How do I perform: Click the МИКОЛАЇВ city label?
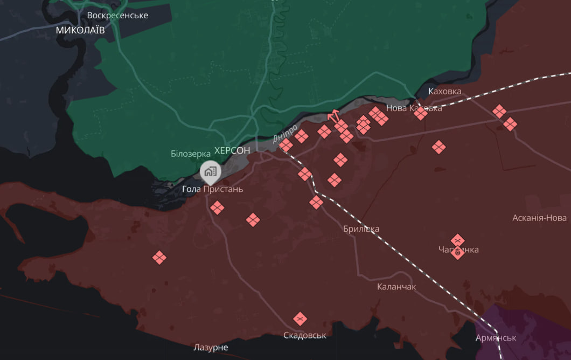81,31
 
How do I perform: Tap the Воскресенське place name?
117,15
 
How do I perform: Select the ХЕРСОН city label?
232,150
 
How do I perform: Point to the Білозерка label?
191,154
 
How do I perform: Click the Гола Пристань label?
212,189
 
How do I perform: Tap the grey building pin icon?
210,172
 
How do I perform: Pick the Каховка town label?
445,91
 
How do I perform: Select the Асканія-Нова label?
539,218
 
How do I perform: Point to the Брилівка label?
361,229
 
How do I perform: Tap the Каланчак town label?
396,287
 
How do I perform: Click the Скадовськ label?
305,335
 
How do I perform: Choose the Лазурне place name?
211,348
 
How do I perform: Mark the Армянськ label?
496,338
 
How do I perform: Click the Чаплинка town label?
458,250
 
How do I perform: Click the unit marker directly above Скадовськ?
301,319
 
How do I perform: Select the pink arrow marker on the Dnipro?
333,115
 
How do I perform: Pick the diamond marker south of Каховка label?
421,113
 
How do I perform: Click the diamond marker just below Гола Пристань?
217,207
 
